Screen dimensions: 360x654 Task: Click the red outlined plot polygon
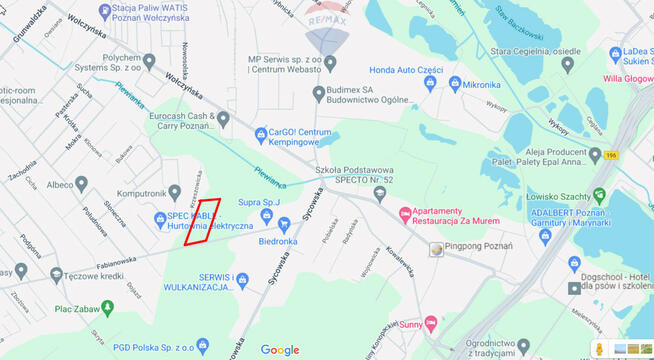(x=202, y=221)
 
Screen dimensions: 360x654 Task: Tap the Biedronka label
(x=277, y=241)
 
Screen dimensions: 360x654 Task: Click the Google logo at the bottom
(x=280, y=349)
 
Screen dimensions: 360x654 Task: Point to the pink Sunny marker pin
(x=431, y=324)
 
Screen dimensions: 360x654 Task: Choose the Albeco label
(x=67, y=184)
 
